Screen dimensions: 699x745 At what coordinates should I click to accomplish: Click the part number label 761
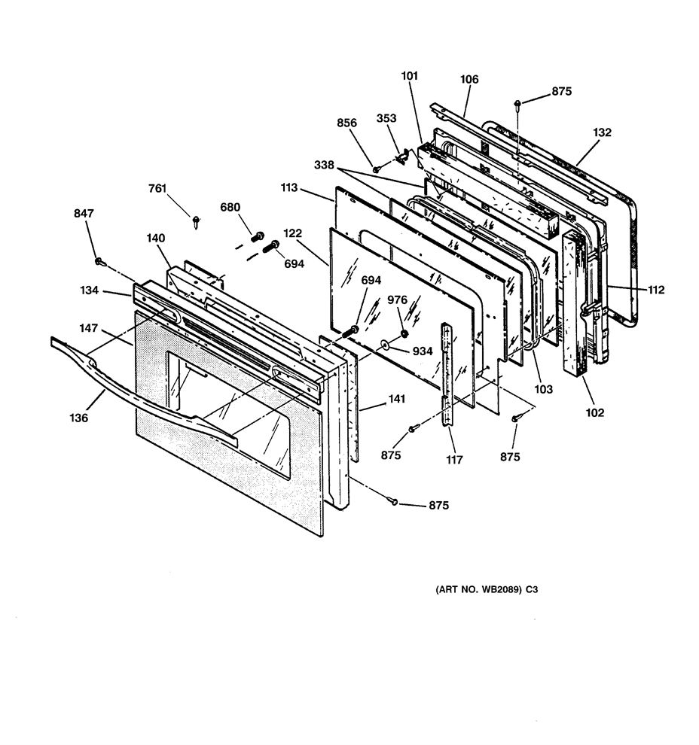(x=157, y=189)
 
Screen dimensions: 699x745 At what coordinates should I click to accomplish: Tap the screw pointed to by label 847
(x=99, y=261)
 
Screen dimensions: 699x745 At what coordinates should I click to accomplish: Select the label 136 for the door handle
(x=79, y=418)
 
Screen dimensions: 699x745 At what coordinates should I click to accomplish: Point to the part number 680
(x=230, y=207)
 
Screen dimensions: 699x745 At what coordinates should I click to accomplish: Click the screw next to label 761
(x=196, y=221)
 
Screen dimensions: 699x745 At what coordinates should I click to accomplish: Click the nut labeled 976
(x=404, y=333)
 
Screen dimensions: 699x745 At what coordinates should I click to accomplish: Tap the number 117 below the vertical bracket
(x=455, y=460)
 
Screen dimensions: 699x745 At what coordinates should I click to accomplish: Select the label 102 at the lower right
(x=594, y=412)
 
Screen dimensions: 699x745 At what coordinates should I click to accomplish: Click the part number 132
(x=602, y=132)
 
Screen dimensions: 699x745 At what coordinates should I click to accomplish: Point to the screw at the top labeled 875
(x=517, y=105)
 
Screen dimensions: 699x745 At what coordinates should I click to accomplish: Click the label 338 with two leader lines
(x=324, y=165)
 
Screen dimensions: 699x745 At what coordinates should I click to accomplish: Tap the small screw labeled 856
(x=376, y=169)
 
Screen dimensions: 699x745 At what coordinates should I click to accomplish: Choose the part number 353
(x=386, y=118)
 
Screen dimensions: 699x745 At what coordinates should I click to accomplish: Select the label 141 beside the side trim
(x=396, y=399)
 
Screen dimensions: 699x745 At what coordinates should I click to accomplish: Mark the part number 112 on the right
(x=656, y=290)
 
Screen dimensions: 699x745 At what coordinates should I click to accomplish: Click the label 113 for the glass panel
(x=289, y=187)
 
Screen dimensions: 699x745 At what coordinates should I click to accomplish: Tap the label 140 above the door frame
(x=155, y=238)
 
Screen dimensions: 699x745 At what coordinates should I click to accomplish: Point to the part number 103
(x=544, y=389)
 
